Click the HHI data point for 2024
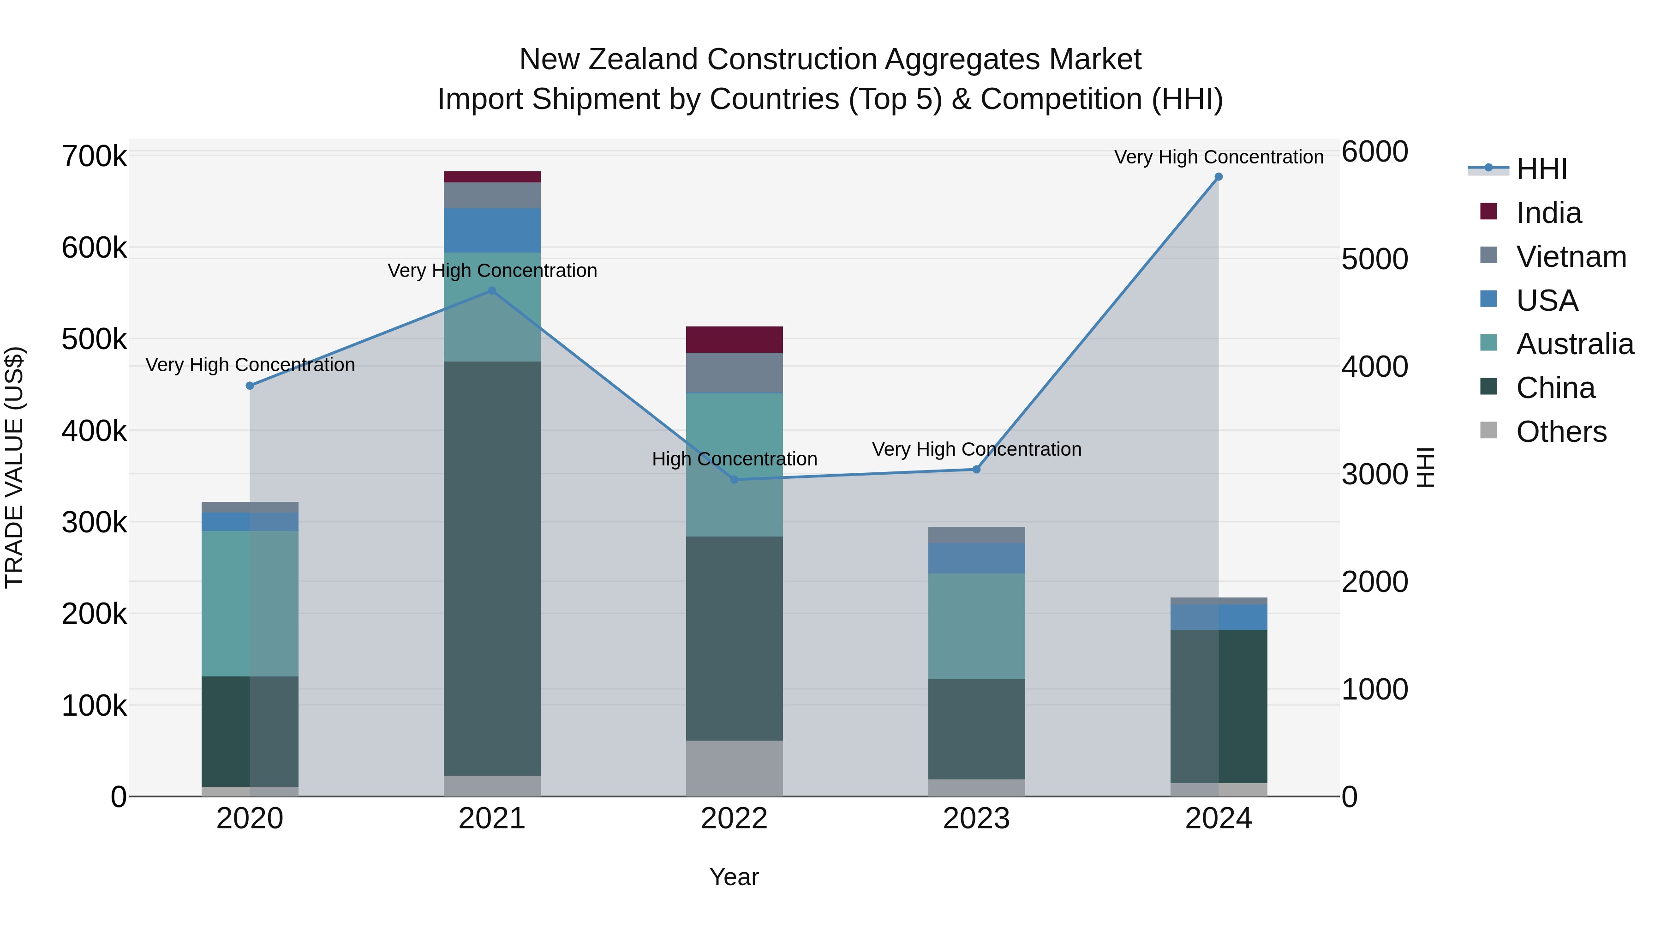pos(1218,177)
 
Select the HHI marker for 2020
pos(250,386)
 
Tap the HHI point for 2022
pos(734,479)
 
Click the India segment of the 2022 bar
pos(734,339)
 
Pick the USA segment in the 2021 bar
pos(492,230)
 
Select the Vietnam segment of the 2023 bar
pos(976,535)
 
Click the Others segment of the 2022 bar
pos(734,768)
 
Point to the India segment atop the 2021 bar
pos(492,177)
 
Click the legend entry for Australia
pos(1574,344)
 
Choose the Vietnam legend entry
pos(1571,257)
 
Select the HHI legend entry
pos(1541,169)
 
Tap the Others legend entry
pos(1561,432)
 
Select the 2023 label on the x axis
pos(976,819)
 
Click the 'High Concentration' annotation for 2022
pos(734,459)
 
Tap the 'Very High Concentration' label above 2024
pos(1218,157)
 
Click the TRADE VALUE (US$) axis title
pos(14,467)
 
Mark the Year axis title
pos(734,877)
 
